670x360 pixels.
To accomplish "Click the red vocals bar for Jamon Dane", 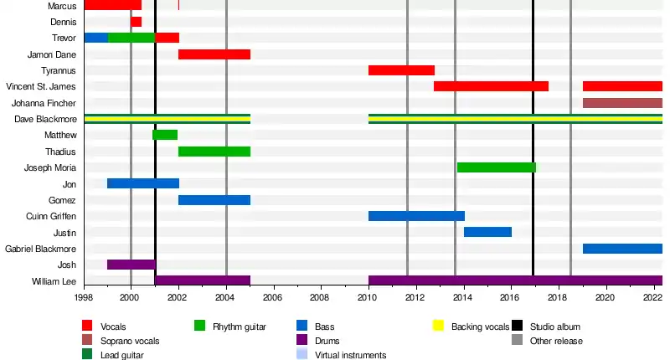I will tap(214, 54).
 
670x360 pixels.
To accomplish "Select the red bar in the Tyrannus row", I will tap(401, 70).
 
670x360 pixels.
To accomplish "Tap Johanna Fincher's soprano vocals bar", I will tap(622, 103).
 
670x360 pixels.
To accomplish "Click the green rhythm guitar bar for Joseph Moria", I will tap(497, 167).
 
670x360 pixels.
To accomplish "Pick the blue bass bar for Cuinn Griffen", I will tap(416, 216).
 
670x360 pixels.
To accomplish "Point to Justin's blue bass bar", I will tap(487, 232).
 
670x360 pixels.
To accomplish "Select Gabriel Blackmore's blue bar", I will tap(622, 249).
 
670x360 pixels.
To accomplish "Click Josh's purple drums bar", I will tap(131, 265).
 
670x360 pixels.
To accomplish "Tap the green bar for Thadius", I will tap(214, 152).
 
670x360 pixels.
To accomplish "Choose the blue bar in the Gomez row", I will tap(214, 200).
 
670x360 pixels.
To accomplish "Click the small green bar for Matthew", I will tap(165, 135).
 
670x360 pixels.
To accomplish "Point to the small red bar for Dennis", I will tap(136, 22).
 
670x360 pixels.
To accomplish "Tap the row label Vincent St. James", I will tap(40, 87).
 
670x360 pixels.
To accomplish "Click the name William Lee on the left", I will tap(54, 281).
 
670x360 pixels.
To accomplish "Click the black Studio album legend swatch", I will tap(518, 327).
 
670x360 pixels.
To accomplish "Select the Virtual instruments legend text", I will tap(350, 355).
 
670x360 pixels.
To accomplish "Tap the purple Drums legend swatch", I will tap(302, 341).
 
